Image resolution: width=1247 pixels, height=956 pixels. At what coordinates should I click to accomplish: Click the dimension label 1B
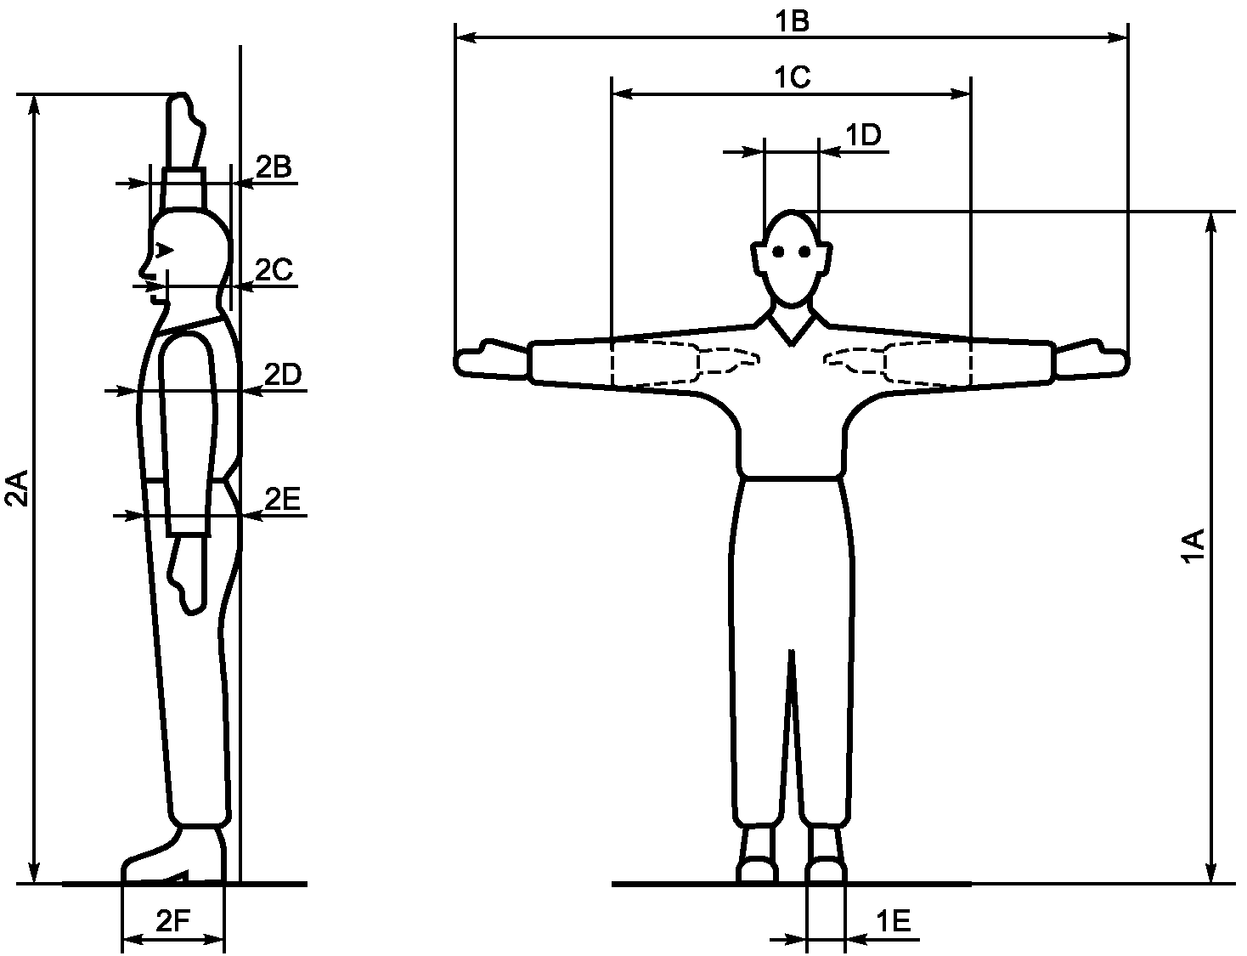click(792, 21)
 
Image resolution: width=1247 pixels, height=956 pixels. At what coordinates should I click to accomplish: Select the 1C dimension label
click(793, 76)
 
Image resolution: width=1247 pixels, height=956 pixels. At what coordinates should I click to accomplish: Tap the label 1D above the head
click(864, 135)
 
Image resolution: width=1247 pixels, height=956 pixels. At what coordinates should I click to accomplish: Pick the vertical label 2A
click(16, 489)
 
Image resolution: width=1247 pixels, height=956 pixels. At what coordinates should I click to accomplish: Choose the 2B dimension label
click(274, 167)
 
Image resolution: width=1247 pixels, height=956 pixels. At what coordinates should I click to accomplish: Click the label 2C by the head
click(274, 269)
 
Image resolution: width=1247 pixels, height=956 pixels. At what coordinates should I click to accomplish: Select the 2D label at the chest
click(283, 375)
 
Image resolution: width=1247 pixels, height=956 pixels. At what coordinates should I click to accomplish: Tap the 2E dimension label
click(283, 499)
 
